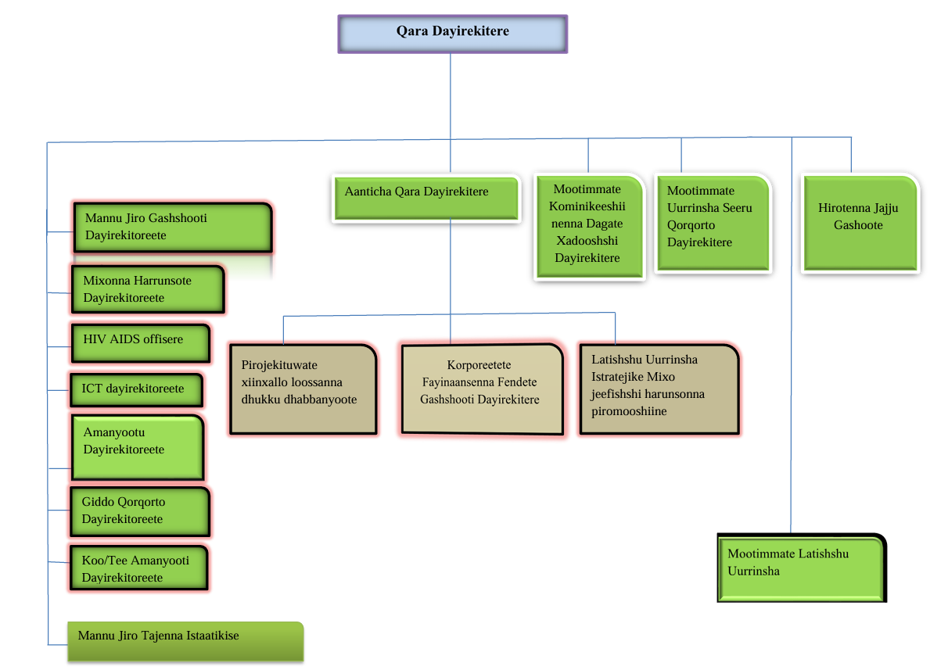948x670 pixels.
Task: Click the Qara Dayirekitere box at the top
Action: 452,34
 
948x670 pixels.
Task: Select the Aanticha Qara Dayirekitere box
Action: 426,199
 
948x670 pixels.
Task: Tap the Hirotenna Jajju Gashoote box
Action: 860,224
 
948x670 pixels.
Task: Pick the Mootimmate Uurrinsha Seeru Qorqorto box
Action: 712,223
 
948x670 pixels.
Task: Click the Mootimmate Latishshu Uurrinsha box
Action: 801,568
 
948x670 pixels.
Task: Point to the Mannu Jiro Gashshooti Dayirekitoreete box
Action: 173,228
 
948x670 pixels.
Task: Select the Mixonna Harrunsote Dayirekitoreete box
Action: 147,289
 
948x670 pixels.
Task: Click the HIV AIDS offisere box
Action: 140,343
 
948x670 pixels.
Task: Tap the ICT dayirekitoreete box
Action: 135,389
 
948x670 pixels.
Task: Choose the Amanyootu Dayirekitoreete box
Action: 137,447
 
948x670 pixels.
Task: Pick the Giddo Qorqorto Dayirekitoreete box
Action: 140,511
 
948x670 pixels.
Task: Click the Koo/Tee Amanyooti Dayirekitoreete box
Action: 139,569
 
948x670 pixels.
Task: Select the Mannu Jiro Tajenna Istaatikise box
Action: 185,641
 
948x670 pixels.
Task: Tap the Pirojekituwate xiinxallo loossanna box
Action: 303,389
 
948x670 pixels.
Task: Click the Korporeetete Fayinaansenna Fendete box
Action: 481,389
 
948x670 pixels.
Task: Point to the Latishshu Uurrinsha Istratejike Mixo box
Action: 659,389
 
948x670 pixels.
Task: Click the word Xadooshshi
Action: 587,241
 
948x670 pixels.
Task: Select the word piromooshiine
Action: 629,410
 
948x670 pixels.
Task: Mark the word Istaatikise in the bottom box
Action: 213,636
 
